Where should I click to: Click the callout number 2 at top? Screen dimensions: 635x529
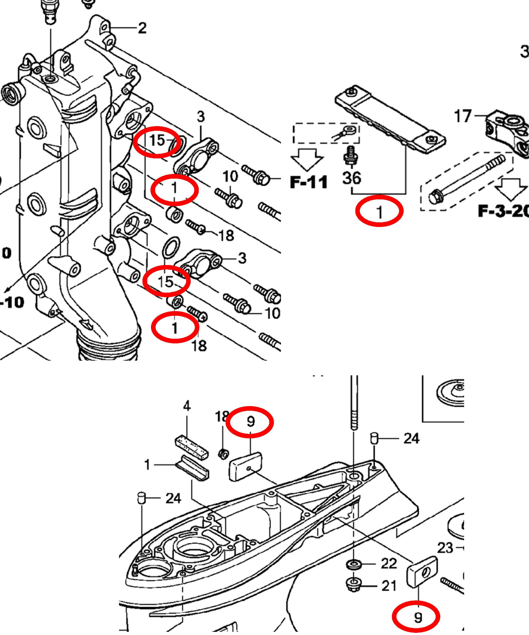pyautogui.click(x=142, y=28)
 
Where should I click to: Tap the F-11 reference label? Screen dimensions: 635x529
pyautogui.click(x=309, y=182)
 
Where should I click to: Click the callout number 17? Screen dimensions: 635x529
pyautogui.click(x=462, y=116)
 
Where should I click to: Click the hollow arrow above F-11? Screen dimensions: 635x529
pyautogui.click(x=307, y=159)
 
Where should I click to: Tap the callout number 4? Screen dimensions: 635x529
pyautogui.click(x=187, y=406)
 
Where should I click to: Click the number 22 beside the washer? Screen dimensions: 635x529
pyautogui.click(x=389, y=563)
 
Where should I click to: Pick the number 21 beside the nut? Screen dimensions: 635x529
pyautogui.click(x=389, y=586)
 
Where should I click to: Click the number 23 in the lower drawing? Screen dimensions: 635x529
pyautogui.click(x=445, y=548)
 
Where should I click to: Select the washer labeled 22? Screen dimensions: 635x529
pyautogui.click(x=353, y=564)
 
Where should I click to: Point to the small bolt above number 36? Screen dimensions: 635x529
pyautogui.click(x=351, y=155)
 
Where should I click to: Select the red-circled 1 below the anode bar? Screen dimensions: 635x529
pyautogui.click(x=379, y=212)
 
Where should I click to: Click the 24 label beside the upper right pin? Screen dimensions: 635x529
pyautogui.click(x=411, y=439)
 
